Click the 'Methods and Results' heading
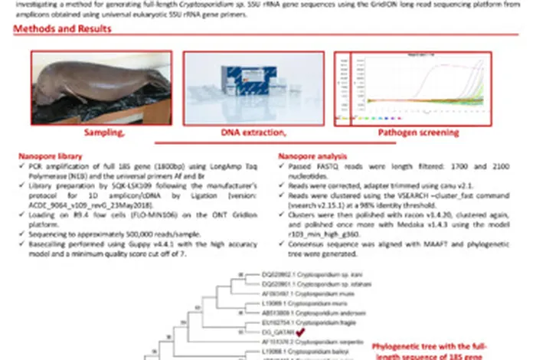pyautogui.click(x=62, y=29)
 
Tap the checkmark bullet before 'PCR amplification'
pyautogui.click(x=22, y=165)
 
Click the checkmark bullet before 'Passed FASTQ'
pyautogui.click(x=281, y=165)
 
